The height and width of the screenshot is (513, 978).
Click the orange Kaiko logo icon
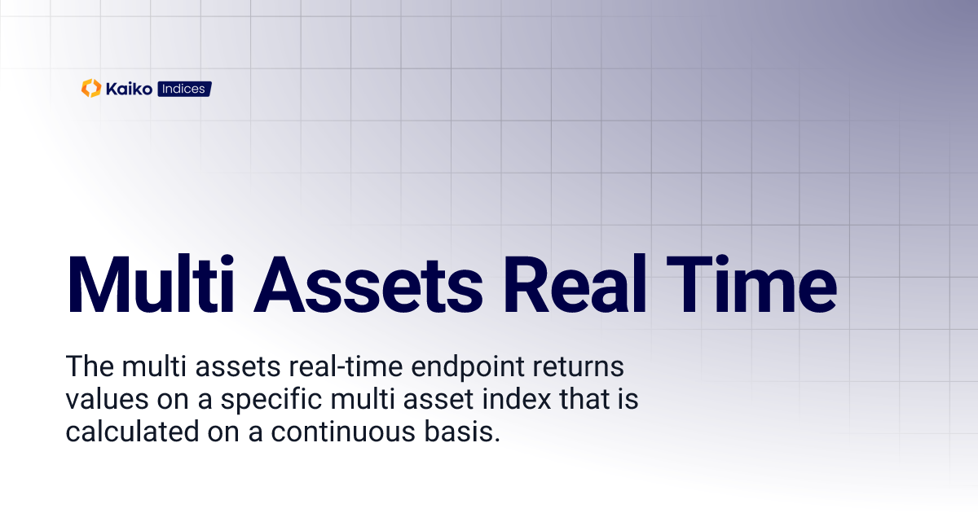point(90,89)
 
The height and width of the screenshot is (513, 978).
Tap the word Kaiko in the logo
point(128,89)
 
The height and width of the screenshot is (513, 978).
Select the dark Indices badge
point(183,89)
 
